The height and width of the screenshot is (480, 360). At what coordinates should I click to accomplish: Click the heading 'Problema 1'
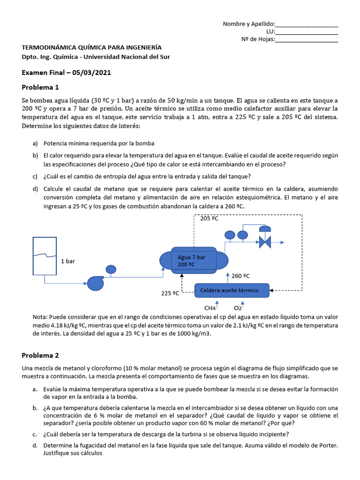coord(40,87)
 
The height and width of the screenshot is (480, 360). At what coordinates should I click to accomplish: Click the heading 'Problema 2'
coord(40,355)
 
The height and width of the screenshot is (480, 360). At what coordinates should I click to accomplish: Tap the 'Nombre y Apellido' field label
coord(248,24)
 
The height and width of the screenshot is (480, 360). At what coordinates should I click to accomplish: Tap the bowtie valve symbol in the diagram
coord(265,242)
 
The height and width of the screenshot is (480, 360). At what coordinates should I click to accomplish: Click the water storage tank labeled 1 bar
coord(45,255)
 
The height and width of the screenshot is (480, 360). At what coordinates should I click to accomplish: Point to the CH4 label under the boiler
coord(210,308)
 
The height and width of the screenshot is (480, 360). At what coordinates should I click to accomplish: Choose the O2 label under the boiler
coord(238,308)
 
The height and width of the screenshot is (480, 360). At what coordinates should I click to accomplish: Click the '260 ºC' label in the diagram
coord(240,276)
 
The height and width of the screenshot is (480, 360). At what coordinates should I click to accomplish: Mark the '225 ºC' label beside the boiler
coord(170,294)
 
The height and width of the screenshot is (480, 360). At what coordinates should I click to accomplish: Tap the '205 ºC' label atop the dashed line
coord(209,218)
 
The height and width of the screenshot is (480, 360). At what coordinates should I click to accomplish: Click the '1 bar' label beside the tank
coord(67,261)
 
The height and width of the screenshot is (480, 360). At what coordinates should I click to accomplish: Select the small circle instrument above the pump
coord(111,269)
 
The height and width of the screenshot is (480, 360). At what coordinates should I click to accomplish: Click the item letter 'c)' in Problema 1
coord(35,176)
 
